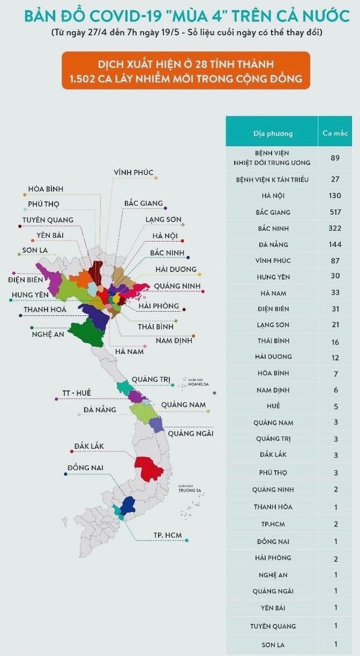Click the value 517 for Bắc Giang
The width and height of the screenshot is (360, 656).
coord(335,212)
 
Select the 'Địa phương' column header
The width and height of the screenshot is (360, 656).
coord(273,133)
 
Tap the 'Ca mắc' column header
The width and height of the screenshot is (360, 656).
coord(335,133)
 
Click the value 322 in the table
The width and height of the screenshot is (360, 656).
coord(335,228)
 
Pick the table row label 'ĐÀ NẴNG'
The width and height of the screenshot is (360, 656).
coord(273,245)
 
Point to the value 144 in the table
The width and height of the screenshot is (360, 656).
coord(335,245)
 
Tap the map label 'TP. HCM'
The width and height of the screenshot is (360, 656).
coord(167,536)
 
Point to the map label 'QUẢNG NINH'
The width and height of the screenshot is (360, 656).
coord(177,286)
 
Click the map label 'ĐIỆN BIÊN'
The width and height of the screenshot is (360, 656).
coord(26,279)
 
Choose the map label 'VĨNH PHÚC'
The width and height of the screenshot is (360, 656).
coord(133,172)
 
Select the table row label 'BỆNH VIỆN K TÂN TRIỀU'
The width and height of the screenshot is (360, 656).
coord(272,179)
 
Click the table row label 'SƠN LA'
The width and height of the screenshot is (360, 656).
coord(273,644)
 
